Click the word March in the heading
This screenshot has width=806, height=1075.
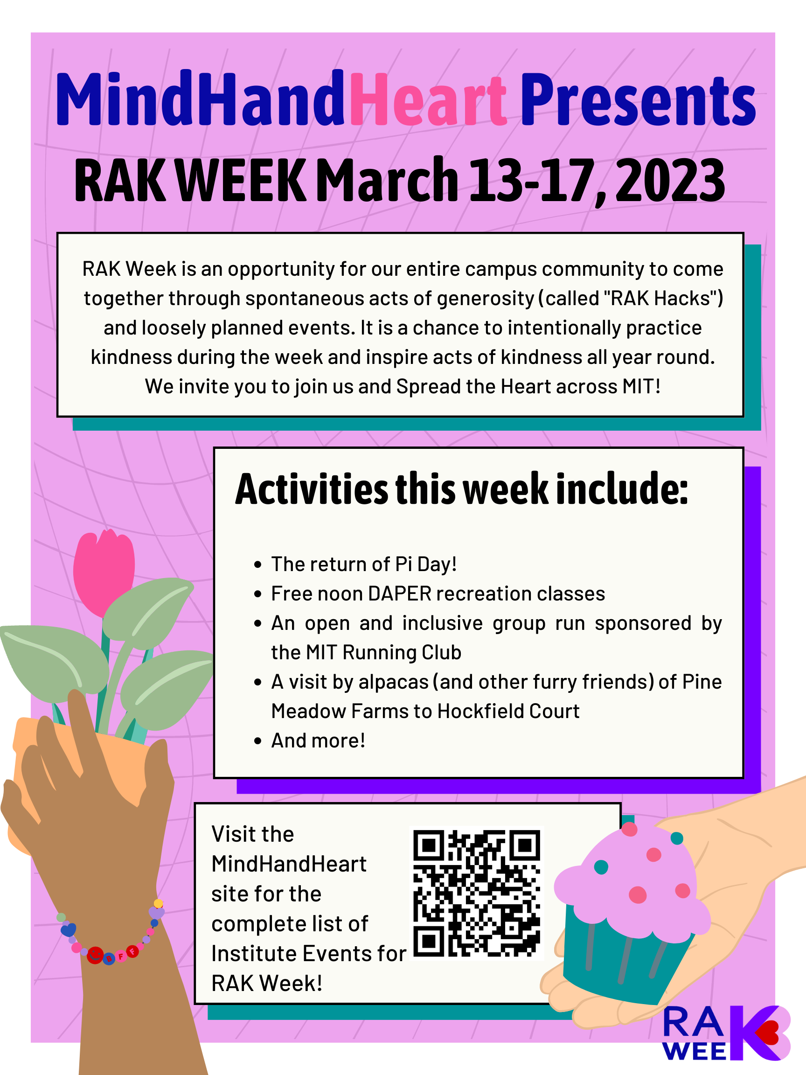point(387,180)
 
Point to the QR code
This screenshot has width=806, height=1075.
point(476,893)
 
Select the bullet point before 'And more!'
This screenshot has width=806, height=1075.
point(258,741)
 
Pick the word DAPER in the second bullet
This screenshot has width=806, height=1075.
point(400,594)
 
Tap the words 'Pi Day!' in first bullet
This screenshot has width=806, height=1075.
point(426,565)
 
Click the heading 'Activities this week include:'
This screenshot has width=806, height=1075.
point(462,489)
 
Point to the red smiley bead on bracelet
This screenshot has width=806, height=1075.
point(95,955)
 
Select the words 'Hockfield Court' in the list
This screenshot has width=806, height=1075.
point(508,712)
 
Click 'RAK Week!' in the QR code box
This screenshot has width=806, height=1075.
point(267,984)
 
